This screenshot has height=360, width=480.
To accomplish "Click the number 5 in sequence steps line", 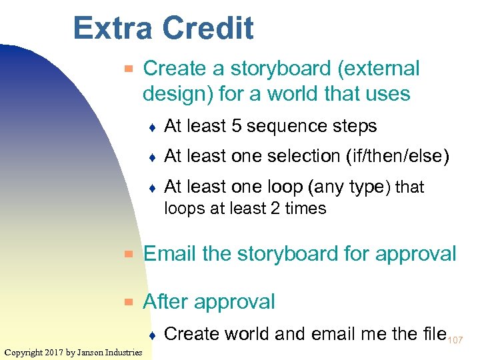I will (235, 126).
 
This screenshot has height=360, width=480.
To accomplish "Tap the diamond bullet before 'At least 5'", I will (152, 127).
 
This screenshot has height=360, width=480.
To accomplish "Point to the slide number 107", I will (457, 340).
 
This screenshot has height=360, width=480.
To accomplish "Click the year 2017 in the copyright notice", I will (55, 352).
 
